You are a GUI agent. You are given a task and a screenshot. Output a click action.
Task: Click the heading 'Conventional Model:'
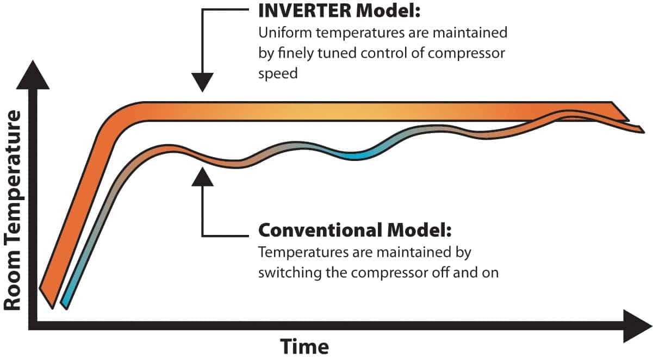(x=355, y=230)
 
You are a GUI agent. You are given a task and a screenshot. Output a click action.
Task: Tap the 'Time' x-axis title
(x=304, y=346)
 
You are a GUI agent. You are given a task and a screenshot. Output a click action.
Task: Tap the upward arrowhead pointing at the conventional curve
(x=202, y=176)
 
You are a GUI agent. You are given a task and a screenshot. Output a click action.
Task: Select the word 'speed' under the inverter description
(x=278, y=73)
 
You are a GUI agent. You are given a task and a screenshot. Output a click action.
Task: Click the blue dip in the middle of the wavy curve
(x=353, y=155)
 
